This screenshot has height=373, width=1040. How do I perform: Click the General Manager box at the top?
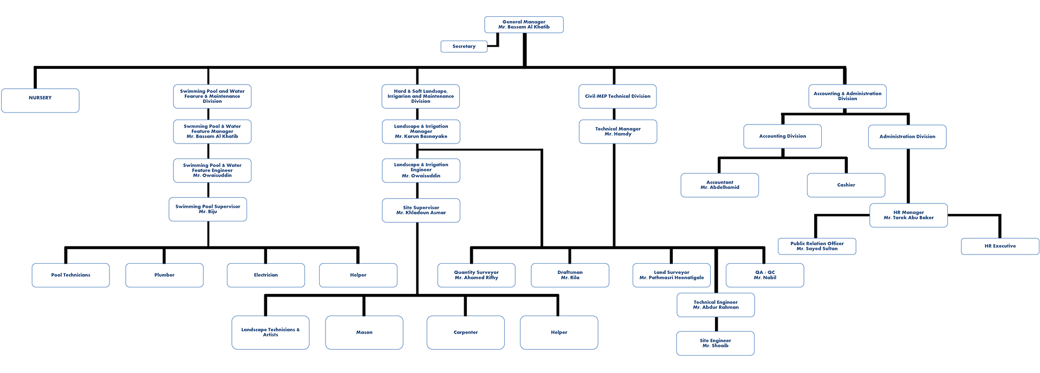click(x=524, y=24)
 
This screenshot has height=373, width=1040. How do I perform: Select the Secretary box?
click(x=464, y=47)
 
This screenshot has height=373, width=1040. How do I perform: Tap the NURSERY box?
click(x=40, y=100)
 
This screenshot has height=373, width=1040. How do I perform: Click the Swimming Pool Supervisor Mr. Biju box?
click(x=208, y=210)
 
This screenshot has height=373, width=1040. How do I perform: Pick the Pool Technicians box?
click(x=70, y=275)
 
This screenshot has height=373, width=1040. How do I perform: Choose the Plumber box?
click(x=164, y=275)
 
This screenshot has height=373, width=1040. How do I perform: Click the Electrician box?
click(x=265, y=275)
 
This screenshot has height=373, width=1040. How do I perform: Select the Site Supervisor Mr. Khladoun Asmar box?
click(x=421, y=211)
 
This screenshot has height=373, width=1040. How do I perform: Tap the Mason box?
click(x=364, y=332)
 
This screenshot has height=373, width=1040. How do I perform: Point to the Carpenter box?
click(x=465, y=332)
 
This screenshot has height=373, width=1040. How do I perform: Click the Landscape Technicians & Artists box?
click(x=270, y=332)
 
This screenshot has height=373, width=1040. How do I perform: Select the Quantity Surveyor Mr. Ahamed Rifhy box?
click(x=476, y=275)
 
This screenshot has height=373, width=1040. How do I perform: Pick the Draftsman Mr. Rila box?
click(x=570, y=275)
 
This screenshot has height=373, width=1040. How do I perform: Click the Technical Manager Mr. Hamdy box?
click(x=617, y=132)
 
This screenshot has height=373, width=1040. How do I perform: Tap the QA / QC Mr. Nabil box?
click(x=765, y=275)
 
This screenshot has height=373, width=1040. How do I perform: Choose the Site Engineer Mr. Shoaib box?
click(x=715, y=343)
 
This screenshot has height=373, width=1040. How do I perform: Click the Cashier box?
click(x=846, y=185)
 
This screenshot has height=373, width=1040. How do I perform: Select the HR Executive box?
click(x=1000, y=246)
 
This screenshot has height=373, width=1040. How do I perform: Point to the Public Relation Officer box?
click(x=817, y=246)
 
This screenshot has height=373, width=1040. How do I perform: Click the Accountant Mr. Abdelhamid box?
click(x=719, y=185)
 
